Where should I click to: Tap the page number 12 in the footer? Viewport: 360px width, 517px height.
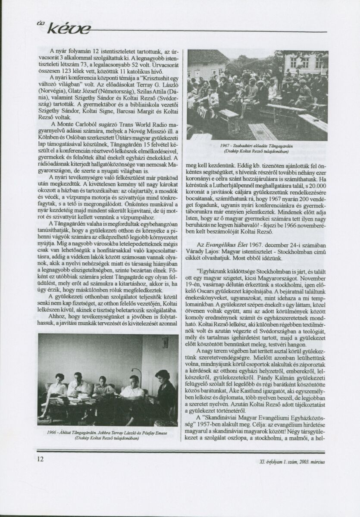coord(41,460)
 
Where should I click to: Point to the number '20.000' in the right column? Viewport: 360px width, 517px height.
coord(316,184)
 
